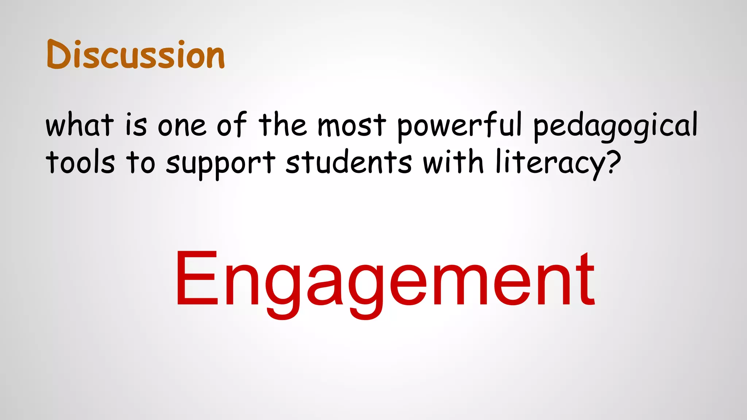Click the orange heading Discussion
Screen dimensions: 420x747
(x=136, y=55)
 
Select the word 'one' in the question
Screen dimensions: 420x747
(x=182, y=126)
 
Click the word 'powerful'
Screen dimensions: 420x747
(x=460, y=126)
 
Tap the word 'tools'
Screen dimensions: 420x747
(x=80, y=162)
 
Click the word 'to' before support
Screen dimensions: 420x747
(x=140, y=162)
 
